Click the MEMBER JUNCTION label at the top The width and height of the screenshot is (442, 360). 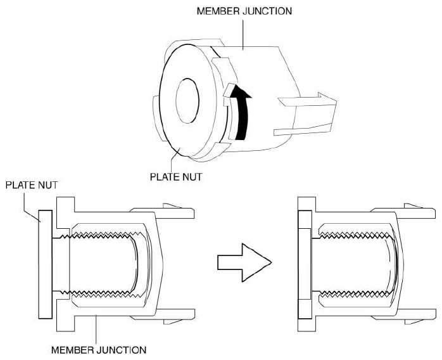(x=244, y=11)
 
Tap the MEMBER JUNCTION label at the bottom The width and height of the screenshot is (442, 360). (x=99, y=350)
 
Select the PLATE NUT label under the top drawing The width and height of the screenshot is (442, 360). (x=176, y=177)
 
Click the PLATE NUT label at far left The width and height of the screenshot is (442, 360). (x=32, y=185)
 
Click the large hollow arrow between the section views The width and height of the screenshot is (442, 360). (x=244, y=262)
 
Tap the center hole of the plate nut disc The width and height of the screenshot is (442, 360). (x=187, y=101)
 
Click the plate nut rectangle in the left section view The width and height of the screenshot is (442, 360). (x=45, y=264)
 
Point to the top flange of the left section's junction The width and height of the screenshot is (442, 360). (x=66, y=213)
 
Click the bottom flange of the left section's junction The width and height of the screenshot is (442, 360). (x=66, y=316)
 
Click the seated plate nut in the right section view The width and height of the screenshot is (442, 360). (x=305, y=264)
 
